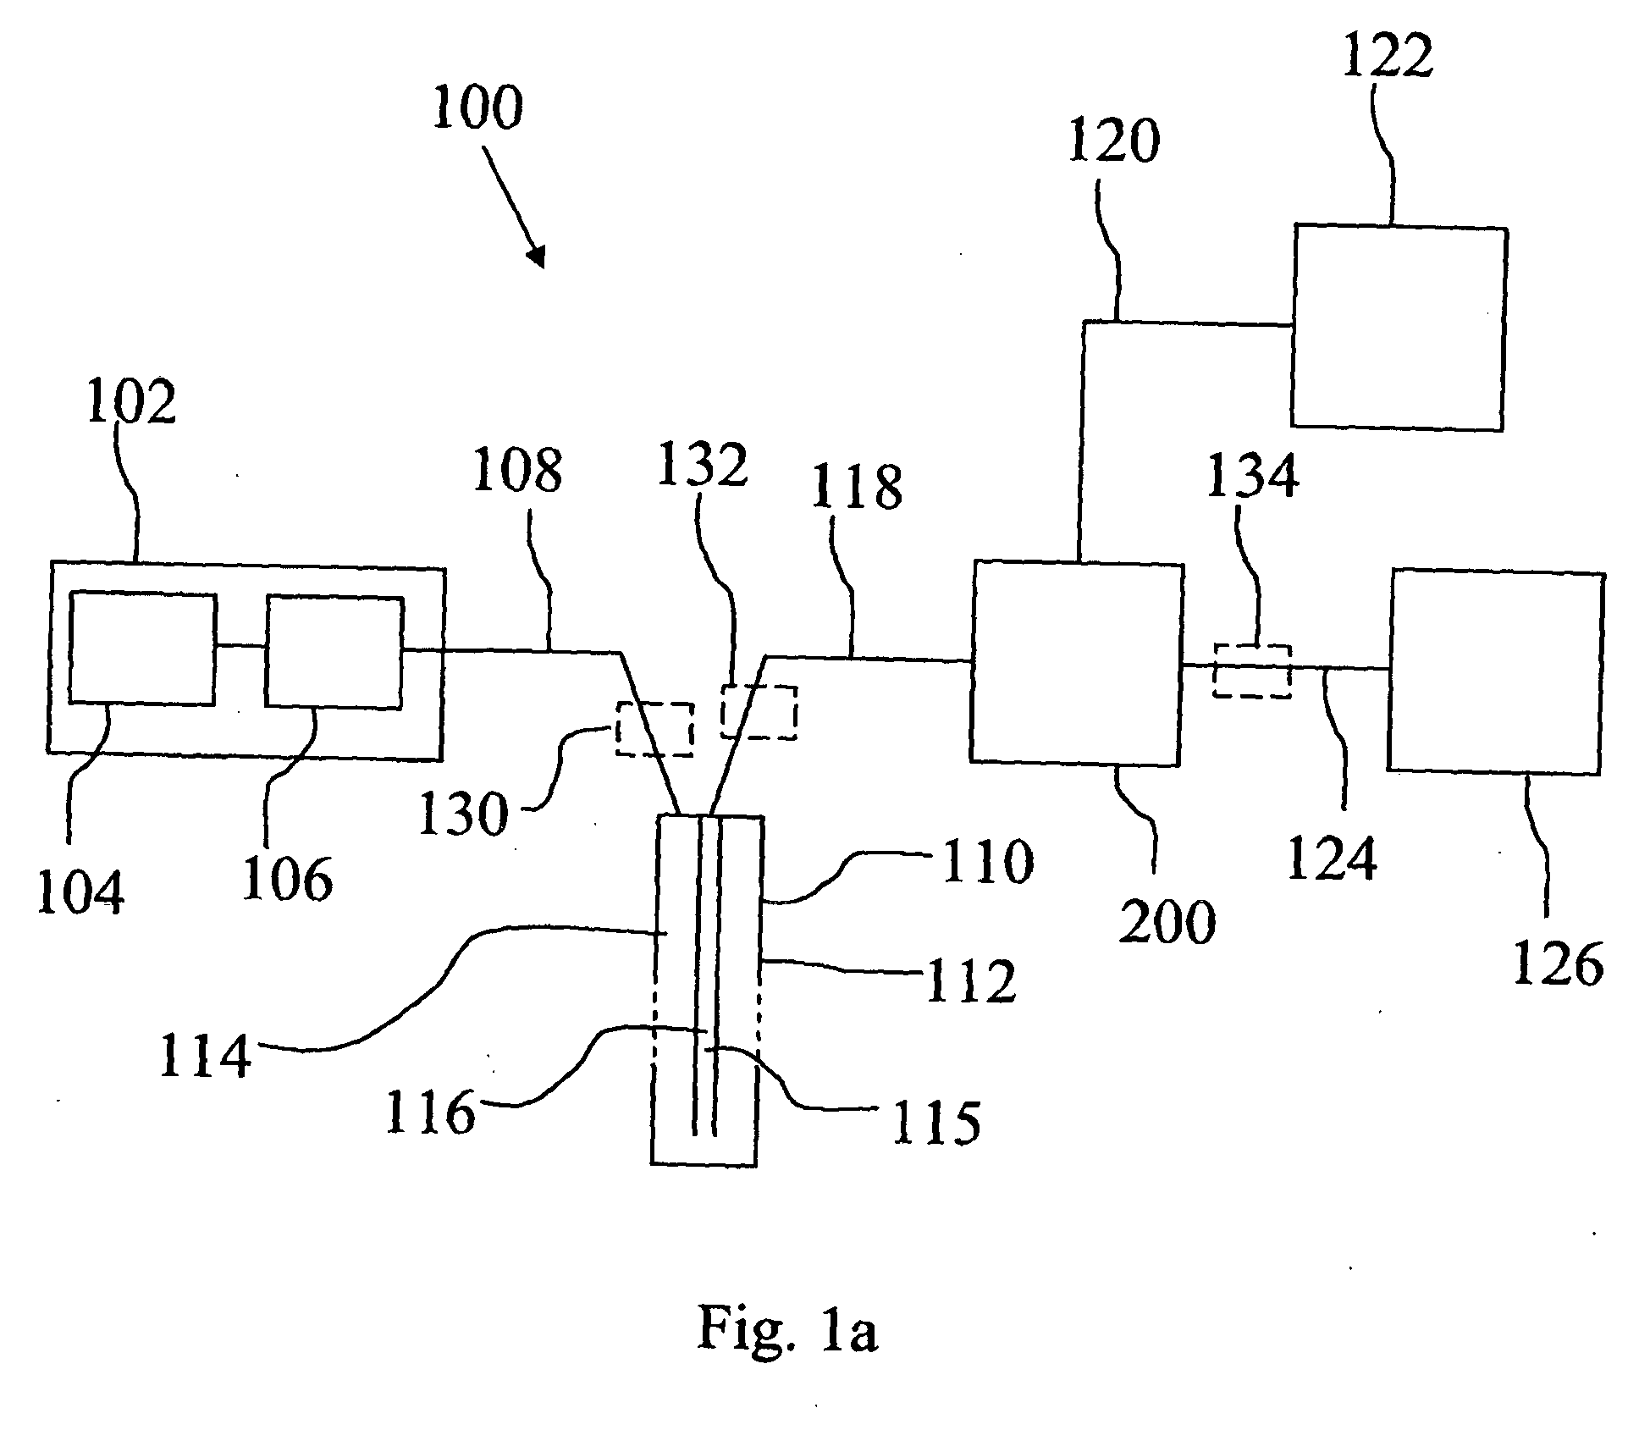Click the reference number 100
point(477,108)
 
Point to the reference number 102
point(131,401)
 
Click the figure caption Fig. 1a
point(787,1328)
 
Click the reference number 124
point(1332,857)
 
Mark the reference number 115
point(935,1123)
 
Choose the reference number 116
point(431,1112)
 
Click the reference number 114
point(206,1056)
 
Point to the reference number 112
point(971,981)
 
